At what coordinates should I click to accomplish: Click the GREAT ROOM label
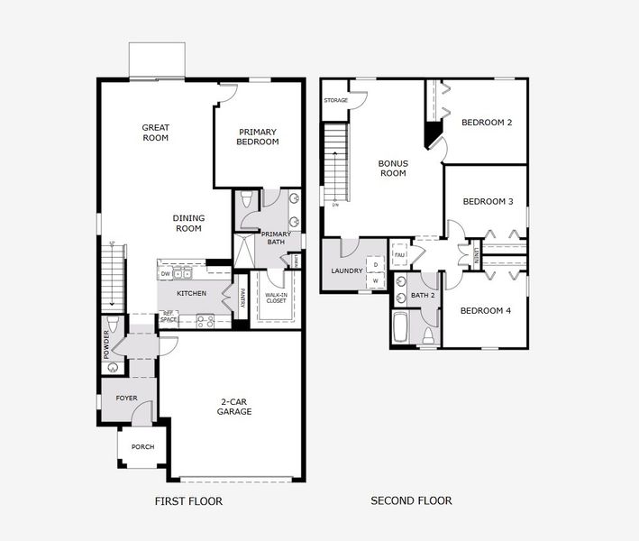(x=155, y=133)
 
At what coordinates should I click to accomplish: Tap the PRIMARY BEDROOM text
(x=257, y=136)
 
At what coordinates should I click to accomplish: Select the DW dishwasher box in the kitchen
(x=165, y=273)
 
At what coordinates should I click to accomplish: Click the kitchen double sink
(x=184, y=273)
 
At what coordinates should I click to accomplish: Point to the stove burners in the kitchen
(x=205, y=319)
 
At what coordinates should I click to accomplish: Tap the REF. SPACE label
(x=168, y=316)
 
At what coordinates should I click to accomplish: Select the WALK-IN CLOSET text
(x=275, y=297)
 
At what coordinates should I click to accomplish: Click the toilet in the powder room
(x=112, y=325)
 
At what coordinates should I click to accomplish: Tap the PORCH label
(x=142, y=446)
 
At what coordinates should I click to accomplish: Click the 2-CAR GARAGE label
(x=233, y=406)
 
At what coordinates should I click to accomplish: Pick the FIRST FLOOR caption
(x=187, y=501)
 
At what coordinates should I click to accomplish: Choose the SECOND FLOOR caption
(x=411, y=501)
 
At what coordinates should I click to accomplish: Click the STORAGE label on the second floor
(x=335, y=100)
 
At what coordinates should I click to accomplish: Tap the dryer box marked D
(x=376, y=264)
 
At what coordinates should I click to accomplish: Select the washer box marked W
(x=376, y=281)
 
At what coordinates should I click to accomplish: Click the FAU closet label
(x=399, y=254)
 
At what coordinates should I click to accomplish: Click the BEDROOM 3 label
(x=488, y=202)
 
